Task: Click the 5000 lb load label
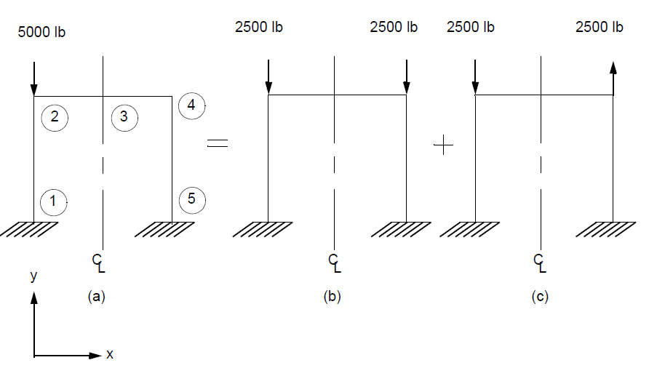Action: click(42, 32)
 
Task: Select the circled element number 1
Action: click(53, 201)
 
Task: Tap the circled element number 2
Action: click(55, 116)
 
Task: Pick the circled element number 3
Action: click(124, 116)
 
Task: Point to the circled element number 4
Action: click(191, 105)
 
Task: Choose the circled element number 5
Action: click(191, 199)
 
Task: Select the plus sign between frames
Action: click(443, 145)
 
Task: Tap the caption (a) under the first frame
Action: click(97, 297)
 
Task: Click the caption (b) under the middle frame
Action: click(332, 297)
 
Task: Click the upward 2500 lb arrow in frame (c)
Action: click(613, 77)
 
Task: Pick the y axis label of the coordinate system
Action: click(33, 276)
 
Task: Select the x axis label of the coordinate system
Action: click(110, 355)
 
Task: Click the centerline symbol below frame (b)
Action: click(334, 263)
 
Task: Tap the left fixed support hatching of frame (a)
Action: click(29, 229)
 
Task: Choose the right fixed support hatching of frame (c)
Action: click(605, 229)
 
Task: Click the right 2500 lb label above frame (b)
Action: click(394, 28)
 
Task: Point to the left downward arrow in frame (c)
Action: click(475, 77)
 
